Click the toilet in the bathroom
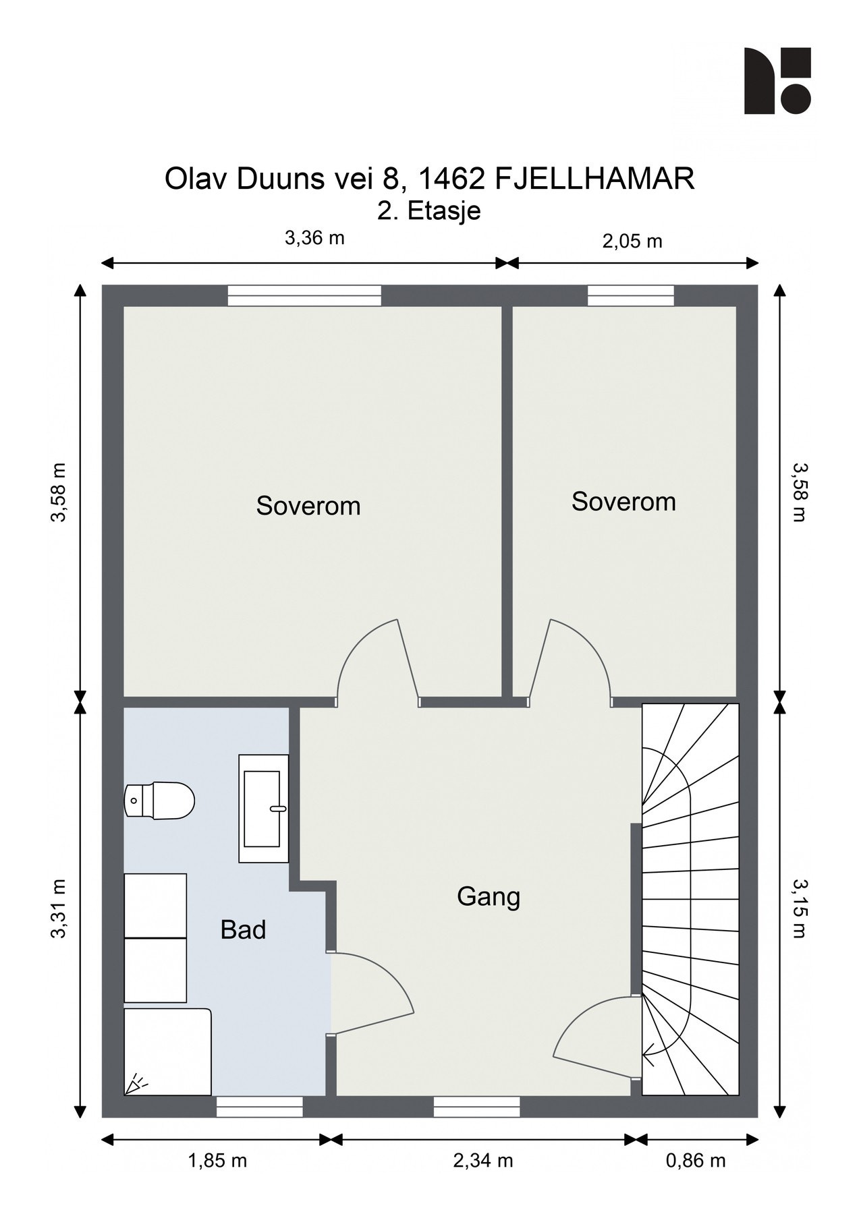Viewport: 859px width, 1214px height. (160, 801)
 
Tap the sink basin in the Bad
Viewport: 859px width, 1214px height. (263, 809)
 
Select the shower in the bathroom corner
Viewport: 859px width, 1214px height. (168, 1051)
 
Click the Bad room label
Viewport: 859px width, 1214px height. (243, 930)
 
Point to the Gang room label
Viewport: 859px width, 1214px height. (489, 897)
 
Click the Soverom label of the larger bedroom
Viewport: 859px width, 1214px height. (308, 506)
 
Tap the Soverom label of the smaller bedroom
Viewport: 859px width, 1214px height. (624, 501)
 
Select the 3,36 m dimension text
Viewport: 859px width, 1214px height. (314, 237)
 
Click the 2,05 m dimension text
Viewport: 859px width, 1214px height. (632, 241)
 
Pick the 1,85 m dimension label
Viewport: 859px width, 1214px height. (217, 1161)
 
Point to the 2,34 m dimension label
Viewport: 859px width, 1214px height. (483, 1161)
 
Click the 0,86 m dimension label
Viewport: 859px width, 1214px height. (696, 1161)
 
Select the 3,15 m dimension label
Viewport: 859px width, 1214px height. (800, 908)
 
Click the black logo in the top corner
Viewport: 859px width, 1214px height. (777, 80)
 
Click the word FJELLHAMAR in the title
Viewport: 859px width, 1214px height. (594, 179)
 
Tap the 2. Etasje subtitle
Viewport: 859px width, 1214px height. (429, 210)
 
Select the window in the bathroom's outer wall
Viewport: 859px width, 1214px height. (259, 1107)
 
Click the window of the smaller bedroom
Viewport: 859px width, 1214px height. (630, 295)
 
